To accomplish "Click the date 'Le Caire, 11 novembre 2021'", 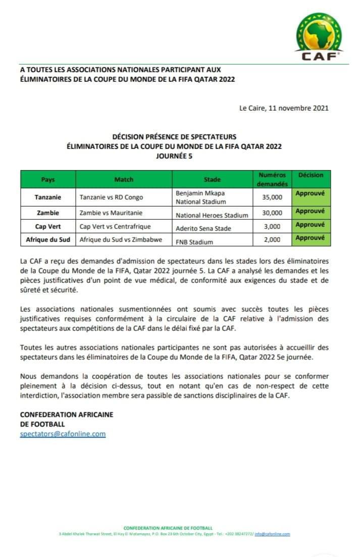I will point(284,108).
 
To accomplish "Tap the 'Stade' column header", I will point(212,179).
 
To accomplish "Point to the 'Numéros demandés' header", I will point(272,179).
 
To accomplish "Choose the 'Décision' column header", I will point(311,175).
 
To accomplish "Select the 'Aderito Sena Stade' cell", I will point(203,228).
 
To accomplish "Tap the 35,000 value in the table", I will point(273,197).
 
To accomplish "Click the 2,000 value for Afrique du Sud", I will point(273,240).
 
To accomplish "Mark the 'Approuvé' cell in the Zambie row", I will point(310,211).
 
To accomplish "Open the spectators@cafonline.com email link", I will point(63,433).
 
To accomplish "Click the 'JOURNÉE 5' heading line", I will point(174,156).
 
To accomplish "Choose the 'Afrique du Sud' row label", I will point(48,239).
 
